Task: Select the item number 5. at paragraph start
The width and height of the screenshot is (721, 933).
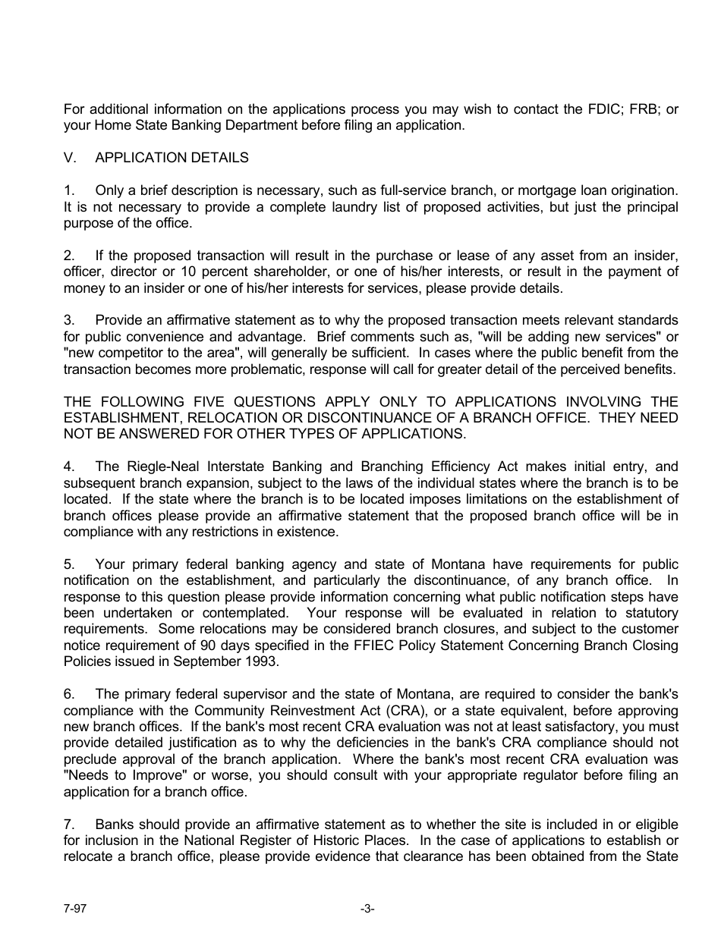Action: tap(69, 564)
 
